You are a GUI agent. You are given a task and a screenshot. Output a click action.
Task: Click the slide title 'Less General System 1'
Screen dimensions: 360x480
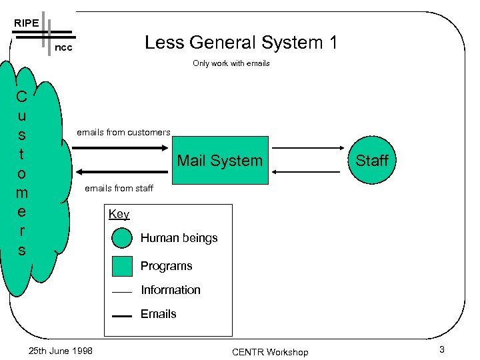pos(241,43)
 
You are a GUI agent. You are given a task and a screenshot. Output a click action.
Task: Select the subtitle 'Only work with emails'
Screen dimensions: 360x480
pos(231,63)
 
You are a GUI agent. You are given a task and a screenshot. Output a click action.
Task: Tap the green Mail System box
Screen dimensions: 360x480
pos(219,160)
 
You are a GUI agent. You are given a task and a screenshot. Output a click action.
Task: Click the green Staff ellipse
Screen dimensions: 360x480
pos(371,160)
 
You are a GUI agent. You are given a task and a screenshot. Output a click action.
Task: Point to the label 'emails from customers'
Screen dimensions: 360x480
pos(123,132)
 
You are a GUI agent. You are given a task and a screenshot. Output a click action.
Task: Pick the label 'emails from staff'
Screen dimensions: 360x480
pos(119,188)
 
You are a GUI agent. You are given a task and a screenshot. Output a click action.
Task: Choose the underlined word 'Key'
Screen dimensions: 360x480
pos(119,214)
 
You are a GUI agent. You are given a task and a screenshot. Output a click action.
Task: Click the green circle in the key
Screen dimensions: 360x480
pos(123,238)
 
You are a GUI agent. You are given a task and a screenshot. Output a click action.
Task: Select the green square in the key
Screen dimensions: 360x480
pos(123,266)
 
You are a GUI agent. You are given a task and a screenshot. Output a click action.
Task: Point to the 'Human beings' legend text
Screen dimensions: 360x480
pos(179,238)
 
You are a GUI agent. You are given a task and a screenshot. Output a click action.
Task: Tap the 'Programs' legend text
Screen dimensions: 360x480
pos(166,266)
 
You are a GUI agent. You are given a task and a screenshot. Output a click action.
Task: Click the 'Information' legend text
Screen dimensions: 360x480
pos(170,290)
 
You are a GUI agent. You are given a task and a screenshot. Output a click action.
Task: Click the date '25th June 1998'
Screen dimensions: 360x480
pos(61,351)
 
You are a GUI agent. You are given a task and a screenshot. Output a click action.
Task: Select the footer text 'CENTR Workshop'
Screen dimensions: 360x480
pos(270,351)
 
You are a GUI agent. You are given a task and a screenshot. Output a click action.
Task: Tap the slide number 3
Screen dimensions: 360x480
pos(441,350)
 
